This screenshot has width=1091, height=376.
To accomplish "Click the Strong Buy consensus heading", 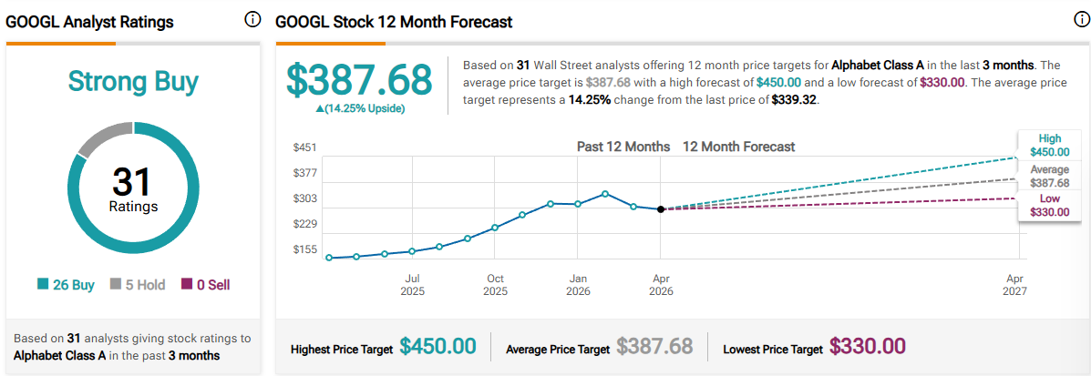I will pyautogui.click(x=133, y=82).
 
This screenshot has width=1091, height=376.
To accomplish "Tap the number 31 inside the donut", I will pyautogui.click(x=133, y=181).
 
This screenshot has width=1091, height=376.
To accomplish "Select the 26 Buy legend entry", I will pyautogui.click(x=66, y=285).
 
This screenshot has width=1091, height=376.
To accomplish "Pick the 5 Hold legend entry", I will pyautogui.click(x=138, y=285).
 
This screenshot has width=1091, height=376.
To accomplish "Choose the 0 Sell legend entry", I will pyautogui.click(x=205, y=285).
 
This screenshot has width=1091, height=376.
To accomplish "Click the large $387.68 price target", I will pyautogui.click(x=359, y=80).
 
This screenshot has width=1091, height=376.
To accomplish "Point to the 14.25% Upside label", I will pyautogui.click(x=359, y=108).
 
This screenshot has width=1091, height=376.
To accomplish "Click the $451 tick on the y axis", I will pyautogui.click(x=304, y=147).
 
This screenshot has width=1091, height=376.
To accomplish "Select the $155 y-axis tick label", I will pyautogui.click(x=304, y=249).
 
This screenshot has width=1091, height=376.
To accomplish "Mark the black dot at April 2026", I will pyautogui.click(x=661, y=209).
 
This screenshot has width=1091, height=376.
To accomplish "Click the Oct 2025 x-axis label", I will pyautogui.click(x=495, y=285).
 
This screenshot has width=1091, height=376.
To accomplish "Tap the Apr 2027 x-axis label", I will pyautogui.click(x=1014, y=285).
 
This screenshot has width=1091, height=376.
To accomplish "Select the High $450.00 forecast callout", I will pyautogui.click(x=1049, y=146).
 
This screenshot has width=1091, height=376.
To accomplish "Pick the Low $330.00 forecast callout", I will pyautogui.click(x=1049, y=206).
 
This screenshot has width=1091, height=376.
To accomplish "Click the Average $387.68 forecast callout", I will pyautogui.click(x=1049, y=176).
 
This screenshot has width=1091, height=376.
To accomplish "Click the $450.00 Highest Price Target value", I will pyautogui.click(x=438, y=347).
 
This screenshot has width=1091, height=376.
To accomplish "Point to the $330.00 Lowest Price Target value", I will pyautogui.click(x=867, y=347).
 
